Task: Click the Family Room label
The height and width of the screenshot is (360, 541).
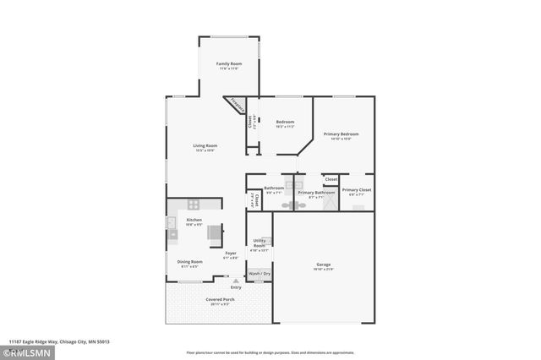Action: (228, 64)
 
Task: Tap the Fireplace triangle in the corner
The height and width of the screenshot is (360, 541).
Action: (238, 106)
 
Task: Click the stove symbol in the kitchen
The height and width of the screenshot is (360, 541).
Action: (194, 205)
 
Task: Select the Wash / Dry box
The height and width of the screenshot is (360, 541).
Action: (260, 274)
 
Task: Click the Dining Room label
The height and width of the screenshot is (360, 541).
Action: (189, 262)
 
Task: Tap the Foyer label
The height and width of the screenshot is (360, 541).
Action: (230, 254)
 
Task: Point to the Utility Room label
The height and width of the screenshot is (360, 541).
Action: (260, 243)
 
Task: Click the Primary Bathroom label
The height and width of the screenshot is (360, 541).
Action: (316, 193)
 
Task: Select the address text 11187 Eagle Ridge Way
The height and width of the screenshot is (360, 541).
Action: (59, 341)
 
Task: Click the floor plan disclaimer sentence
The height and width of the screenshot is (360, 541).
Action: (270, 352)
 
